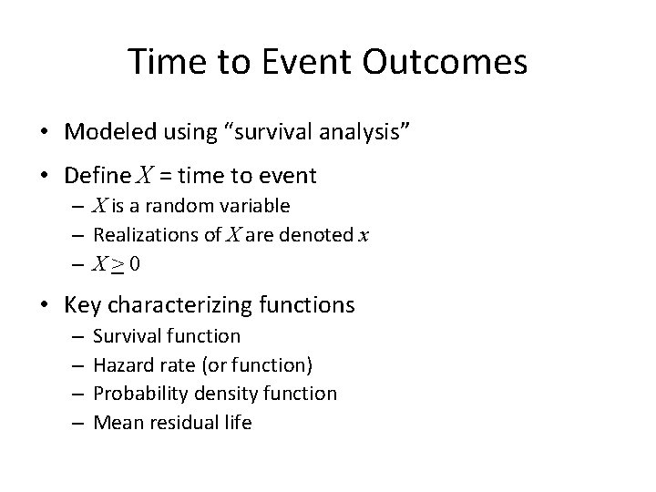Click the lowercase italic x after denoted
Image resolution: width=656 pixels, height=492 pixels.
[x=364, y=236]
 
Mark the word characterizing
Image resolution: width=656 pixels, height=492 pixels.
[x=179, y=305]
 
